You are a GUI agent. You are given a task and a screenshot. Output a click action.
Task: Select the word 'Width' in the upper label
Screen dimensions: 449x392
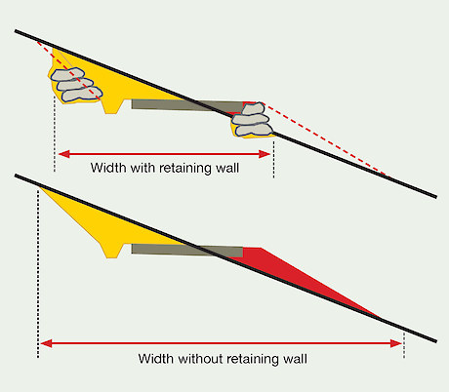108,168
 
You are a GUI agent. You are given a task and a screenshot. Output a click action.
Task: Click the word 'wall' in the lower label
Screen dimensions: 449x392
295,359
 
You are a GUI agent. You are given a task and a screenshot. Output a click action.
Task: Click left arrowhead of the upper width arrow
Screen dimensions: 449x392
63,154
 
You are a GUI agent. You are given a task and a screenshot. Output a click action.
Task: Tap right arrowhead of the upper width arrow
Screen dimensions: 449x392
265,154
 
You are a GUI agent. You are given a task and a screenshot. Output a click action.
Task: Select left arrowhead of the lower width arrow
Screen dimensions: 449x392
46,343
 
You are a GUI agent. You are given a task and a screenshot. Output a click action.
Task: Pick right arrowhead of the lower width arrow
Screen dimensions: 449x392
396,343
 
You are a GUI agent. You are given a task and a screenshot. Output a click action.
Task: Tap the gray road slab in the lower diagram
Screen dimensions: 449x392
187,251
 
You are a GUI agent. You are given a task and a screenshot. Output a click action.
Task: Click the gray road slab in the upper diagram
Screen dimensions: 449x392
187,105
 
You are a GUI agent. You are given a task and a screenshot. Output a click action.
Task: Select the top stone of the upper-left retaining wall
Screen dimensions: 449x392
68,74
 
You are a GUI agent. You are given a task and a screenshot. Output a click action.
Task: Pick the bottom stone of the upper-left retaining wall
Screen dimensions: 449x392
82,94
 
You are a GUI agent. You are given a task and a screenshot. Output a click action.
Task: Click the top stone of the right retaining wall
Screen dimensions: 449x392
254,109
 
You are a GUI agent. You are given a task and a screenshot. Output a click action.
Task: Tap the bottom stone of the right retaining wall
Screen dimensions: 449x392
254,130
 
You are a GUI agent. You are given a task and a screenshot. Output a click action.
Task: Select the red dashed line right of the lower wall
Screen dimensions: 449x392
325,139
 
